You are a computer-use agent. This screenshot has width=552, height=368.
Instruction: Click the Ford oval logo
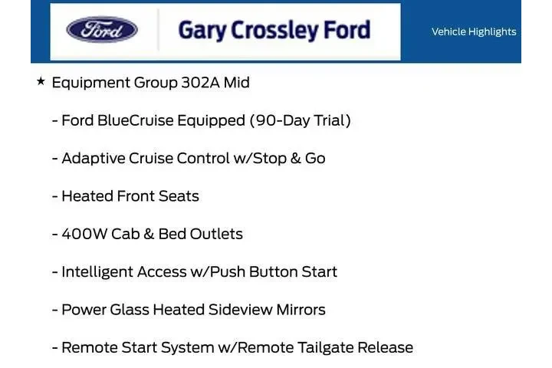pos(102,31)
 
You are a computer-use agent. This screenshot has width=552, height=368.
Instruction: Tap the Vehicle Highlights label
pos(474,31)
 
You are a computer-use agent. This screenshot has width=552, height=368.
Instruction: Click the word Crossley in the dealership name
pos(269,31)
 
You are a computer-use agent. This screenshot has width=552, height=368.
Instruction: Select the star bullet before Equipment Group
pos(41,81)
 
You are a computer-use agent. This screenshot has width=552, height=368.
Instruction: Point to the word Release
pos(386,347)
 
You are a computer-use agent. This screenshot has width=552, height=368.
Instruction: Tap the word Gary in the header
pos(201,31)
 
